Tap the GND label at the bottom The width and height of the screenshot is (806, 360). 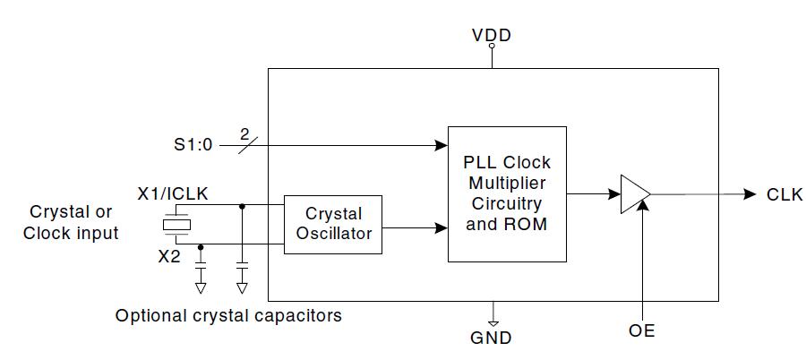pyautogui.click(x=492, y=338)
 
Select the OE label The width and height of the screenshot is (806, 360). pyautogui.click(x=642, y=331)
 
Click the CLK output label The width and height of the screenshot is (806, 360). pyautogui.click(x=785, y=195)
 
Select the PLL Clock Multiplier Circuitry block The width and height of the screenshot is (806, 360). pyautogui.click(x=507, y=193)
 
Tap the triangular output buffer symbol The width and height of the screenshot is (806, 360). pyautogui.click(x=633, y=194)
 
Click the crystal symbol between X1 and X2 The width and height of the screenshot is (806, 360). pyautogui.click(x=175, y=225)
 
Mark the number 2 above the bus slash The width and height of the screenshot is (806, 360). pyautogui.click(x=244, y=134)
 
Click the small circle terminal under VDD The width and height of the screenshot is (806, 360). pyautogui.click(x=492, y=64)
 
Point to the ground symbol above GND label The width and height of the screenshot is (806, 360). pyautogui.click(x=492, y=316)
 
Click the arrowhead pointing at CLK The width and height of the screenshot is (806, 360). pyautogui.click(x=750, y=194)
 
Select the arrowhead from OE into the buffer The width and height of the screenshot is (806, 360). pyautogui.click(x=643, y=209)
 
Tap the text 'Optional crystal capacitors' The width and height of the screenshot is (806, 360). pyautogui.click(x=228, y=316)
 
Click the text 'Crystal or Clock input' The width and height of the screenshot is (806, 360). pyautogui.click(x=71, y=223)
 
